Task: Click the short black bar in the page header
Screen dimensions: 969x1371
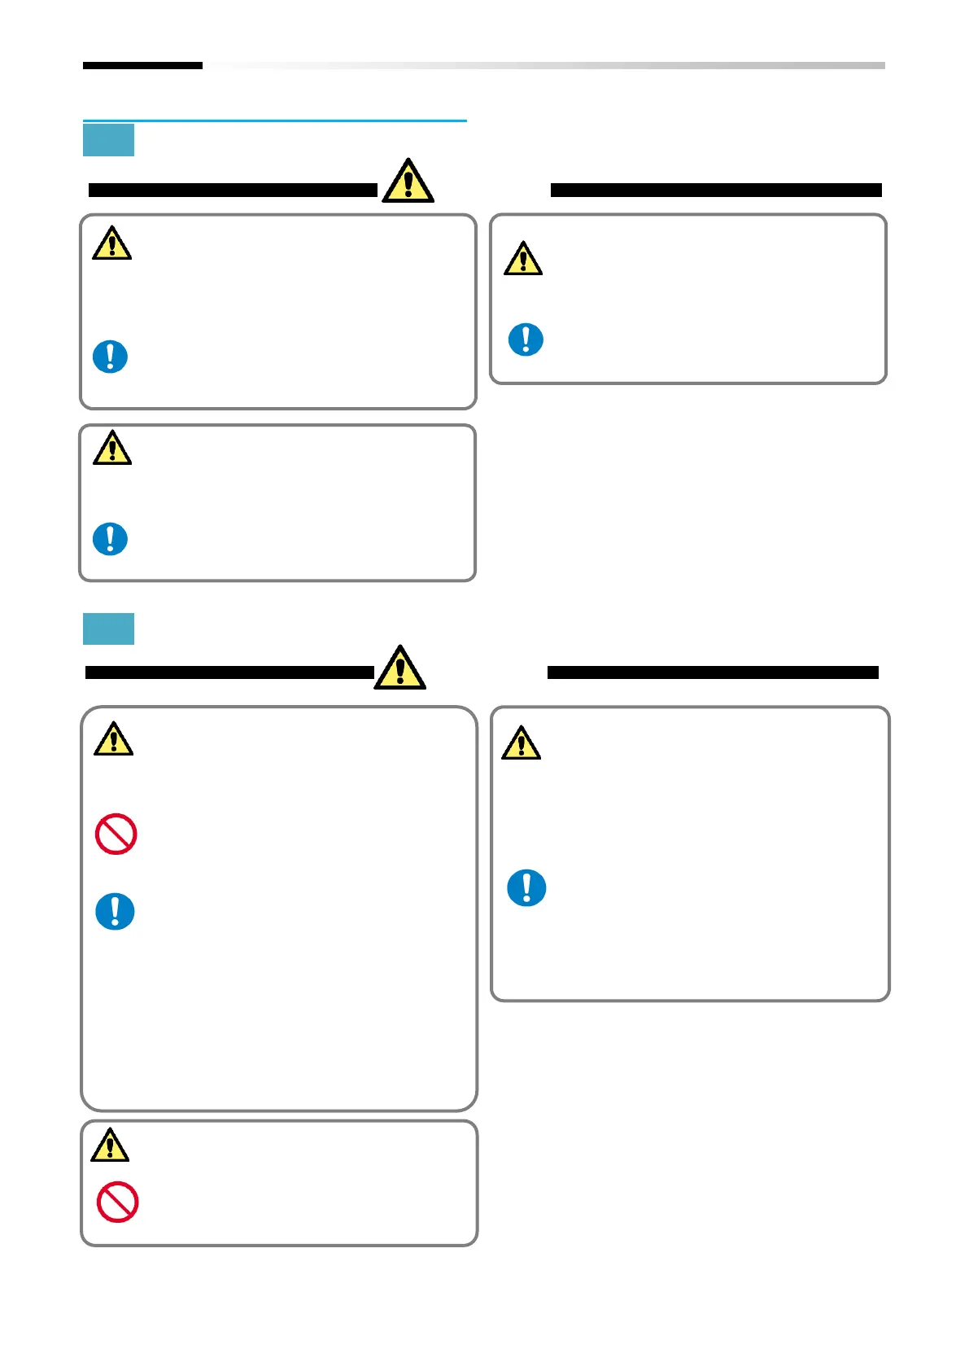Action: pyautogui.click(x=142, y=65)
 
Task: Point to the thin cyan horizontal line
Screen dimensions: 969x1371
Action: pyautogui.click(x=274, y=120)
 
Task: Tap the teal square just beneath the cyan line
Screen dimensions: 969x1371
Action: pyautogui.click(x=108, y=140)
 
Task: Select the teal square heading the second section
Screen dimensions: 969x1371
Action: pyautogui.click(x=108, y=629)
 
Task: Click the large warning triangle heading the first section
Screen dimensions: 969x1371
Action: pyautogui.click(x=408, y=182)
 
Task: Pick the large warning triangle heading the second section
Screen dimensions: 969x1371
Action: pyautogui.click(x=399, y=668)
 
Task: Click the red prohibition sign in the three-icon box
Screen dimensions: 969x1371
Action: pyautogui.click(x=116, y=834)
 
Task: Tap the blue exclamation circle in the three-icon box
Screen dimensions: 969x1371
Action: pyautogui.click(x=115, y=911)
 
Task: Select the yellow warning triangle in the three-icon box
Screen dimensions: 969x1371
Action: pyautogui.click(x=113, y=739)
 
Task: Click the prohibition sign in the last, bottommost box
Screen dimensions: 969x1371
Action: pyautogui.click(x=117, y=1202)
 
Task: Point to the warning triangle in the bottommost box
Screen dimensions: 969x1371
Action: pyautogui.click(x=110, y=1145)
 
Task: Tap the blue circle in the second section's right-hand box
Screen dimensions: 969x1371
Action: pyautogui.click(x=526, y=887)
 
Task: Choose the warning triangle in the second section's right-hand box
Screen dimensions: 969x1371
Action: pyautogui.click(x=521, y=743)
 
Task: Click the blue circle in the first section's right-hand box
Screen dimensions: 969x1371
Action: pyautogui.click(x=526, y=339)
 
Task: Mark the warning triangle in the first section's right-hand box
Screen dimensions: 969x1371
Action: pyautogui.click(x=522, y=259)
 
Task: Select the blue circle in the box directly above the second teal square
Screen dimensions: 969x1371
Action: pyautogui.click(x=110, y=539)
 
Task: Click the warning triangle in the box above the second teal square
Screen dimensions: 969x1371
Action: pyautogui.click(x=112, y=448)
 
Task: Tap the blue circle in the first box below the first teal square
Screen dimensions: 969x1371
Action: pyautogui.click(x=110, y=357)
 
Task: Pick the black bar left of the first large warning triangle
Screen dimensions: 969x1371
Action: pyautogui.click(x=233, y=191)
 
